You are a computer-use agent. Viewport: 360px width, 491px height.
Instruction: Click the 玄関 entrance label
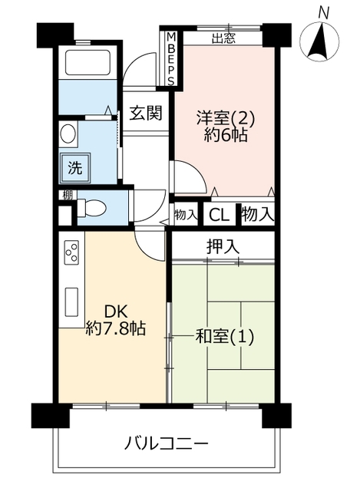click(146, 113)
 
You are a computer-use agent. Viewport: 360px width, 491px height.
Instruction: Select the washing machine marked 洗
click(75, 168)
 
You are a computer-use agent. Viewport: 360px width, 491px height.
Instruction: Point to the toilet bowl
click(92, 208)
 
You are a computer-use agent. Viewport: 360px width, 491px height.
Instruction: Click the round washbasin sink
click(68, 133)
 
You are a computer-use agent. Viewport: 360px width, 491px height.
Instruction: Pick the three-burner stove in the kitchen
click(71, 252)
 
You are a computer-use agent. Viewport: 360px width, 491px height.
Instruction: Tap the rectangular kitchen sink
click(71, 302)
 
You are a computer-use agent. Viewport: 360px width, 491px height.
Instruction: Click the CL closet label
click(219, 215)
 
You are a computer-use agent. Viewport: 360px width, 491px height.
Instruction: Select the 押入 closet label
click(223, 246)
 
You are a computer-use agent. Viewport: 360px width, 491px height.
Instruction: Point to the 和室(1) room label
click(224, 337)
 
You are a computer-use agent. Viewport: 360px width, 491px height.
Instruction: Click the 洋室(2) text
click(225, 118)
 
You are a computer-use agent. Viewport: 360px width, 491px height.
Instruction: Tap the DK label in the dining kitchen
click(116, 312)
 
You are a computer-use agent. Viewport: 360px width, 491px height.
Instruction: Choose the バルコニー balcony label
click(166, 443)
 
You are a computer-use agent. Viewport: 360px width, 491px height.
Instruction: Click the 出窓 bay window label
click(223, 38)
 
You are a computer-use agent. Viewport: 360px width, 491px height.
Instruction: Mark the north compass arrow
click(319, 41)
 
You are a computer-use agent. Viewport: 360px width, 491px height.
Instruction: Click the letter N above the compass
click(323, 13)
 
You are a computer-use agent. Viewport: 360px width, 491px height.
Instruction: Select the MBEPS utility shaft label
click(170, 60)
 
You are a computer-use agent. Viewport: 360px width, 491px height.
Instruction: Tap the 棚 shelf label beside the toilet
click(68, 196)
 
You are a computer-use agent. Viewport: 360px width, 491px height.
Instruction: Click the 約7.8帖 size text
click(116, 328)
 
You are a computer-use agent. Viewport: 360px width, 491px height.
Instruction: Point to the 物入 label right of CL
click(258, 215)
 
